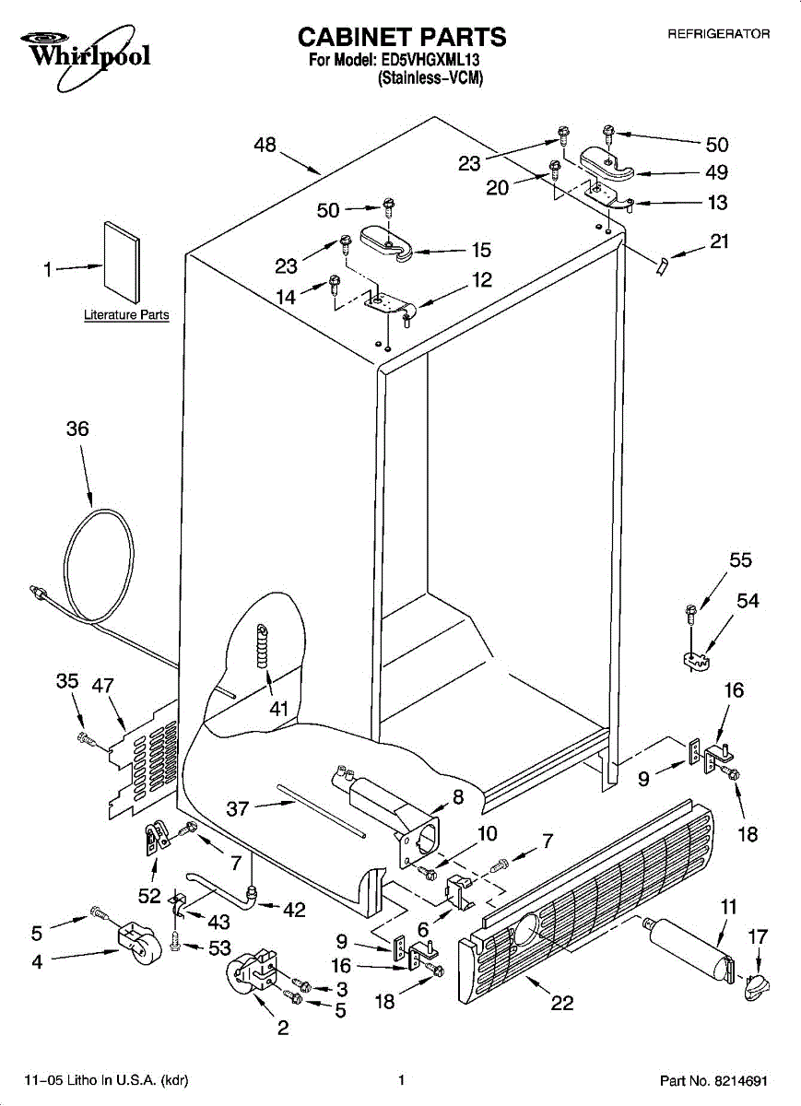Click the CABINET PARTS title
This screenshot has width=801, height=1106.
pyautogui.click(x=401, y=37)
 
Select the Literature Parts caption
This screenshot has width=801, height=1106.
pyautogui.click(x=126, y=315)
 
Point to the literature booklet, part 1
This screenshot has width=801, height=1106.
pyautogui.click(x=122, y=262)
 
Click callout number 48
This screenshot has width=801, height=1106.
pyautogui.click(x=265, y=145)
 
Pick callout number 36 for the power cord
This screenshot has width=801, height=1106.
pyautogui.click(x=77, y=429)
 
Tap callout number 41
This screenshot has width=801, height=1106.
pyautogui.click(x=278, y=709)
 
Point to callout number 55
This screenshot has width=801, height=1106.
pyautogui.click(x=740, y=559)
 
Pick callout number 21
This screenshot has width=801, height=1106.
pyautogui.click(x=719, y=242)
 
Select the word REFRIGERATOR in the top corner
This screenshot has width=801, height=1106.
pyautogui.click(x=718, y=34)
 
